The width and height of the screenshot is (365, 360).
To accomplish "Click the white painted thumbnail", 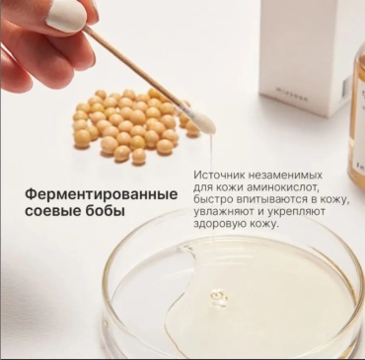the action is point(66,18).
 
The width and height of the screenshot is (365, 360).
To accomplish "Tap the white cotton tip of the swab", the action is point(205,121).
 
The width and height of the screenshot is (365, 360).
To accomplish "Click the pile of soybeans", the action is point(135,124).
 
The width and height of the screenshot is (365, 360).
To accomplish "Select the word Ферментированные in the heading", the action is point(102,194).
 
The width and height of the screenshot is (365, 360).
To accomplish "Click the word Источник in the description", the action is point(218,174).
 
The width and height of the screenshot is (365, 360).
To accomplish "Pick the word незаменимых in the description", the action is point(283,174).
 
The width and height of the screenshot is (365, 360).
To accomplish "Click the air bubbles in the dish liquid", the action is point(219,298).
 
